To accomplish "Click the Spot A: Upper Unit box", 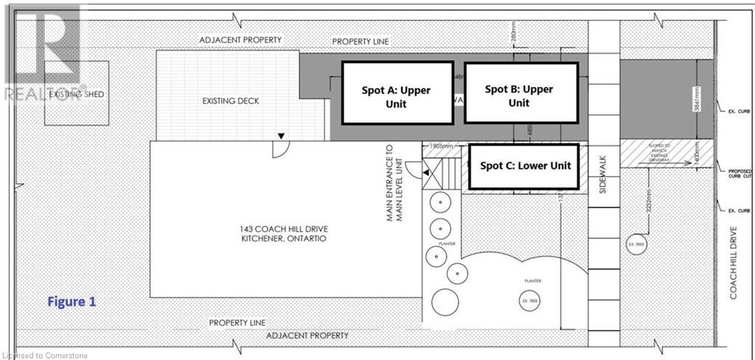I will click(x=397, y=93).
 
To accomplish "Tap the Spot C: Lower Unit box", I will click(x=526, y=166).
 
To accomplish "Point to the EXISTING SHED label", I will click(x=77, y=95).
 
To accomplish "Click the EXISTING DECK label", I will click(x=231, y=101).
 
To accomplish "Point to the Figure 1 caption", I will click(x=72, y=302).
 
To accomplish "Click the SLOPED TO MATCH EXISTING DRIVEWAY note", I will click(x=669, y=153).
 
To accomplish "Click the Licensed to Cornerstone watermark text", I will click(x=46, y=355).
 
